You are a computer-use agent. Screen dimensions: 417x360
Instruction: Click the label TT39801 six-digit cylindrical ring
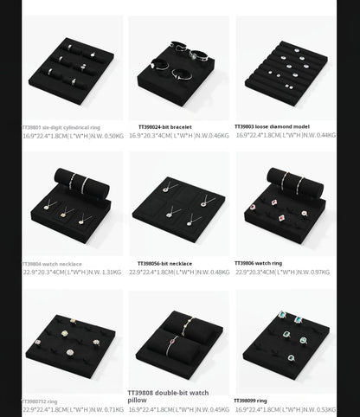tap(61, 127)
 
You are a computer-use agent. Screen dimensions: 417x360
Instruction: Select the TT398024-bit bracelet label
tap(164, 127)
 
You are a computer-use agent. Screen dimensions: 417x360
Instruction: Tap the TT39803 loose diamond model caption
tap(272, 126)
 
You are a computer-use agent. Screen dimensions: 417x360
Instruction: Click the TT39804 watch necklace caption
tap(51, 264)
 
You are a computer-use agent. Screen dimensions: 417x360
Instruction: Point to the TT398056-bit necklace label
tap(164, 264)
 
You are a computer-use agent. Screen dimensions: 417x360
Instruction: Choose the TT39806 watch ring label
tap(258, 263)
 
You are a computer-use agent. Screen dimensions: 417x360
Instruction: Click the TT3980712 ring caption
tap(40, 401)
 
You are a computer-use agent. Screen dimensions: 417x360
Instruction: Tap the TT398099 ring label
tap(251, 401)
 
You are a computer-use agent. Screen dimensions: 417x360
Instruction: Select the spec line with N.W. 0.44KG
tap(286, 135)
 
